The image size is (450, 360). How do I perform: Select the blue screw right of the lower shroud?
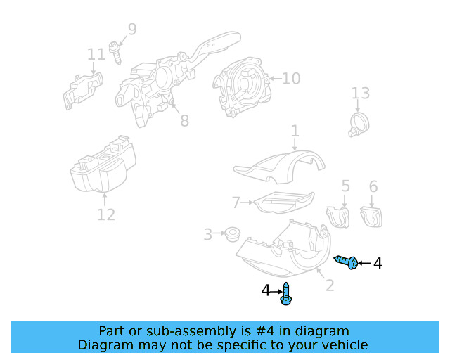click(x=347, y=262)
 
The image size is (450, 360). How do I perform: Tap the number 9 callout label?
click(x=132, y=30)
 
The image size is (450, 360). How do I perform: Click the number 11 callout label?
click(x=96, y=54)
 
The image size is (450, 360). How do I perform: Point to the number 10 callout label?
click(x=291, y=78)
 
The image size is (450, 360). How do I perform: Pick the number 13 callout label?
click(x=360, y=94)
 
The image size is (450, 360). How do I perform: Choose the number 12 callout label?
click(x=105, y=214)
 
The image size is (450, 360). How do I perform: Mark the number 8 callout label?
click(x=184, y=121)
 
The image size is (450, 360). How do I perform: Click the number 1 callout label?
click(x=295, y=131)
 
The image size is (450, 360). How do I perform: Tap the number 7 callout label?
click(x=236, y=203)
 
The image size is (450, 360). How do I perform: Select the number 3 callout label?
click(x=207, y=234)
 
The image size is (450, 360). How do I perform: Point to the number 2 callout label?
click(x=328, y=285)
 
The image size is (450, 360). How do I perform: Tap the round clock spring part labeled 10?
click(x=243, y=84)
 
